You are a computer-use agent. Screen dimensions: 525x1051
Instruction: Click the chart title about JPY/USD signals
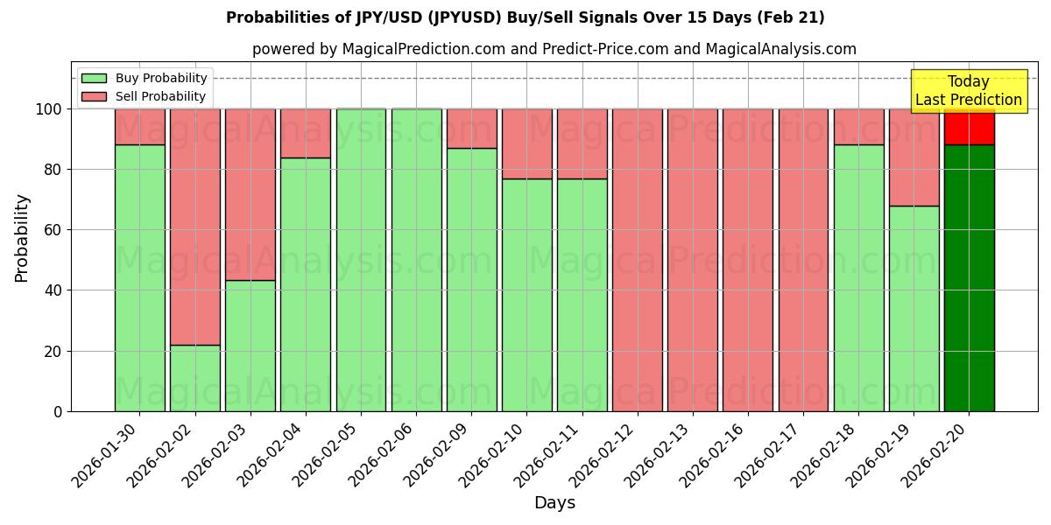pyautogui.click(x=525, y=17)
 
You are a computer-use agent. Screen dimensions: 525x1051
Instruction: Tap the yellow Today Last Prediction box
pyautogui.click(x=968, y=91)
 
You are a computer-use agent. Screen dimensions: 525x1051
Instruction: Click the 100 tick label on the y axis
pyautogui.click(x=50, y=109)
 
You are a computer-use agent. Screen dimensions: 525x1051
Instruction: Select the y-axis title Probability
pyautogui.click(x=22, y=238)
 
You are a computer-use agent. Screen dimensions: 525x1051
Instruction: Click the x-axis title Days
pyautogui.click(x=554, y=502)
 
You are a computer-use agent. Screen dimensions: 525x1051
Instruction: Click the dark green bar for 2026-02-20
pyautogui.click(x=969, y=278)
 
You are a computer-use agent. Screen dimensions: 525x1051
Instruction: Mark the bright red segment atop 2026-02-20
pyautogui.click(x=969, y=128)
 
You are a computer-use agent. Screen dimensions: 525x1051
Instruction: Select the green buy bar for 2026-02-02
pyautogui.click(x=195, y=378)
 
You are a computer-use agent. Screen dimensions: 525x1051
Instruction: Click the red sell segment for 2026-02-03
pyautogui.click(x=250, y=194)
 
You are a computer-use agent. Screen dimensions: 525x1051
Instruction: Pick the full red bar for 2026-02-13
pyautogui.click(x=692, y=260)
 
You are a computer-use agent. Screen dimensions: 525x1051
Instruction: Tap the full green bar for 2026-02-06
pyautogui.click(x=416, y=260)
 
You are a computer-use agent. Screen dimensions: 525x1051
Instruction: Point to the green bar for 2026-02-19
pyautogui.click(x=913, y=308)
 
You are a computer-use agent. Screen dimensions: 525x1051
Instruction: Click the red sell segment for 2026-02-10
pyautogui.click(x=526, y=143)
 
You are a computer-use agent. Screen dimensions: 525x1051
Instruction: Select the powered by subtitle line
pyautogui.click(x=554, y=49)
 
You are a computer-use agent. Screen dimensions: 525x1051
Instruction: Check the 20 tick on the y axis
pyautogui.click(x=55, y=351)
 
